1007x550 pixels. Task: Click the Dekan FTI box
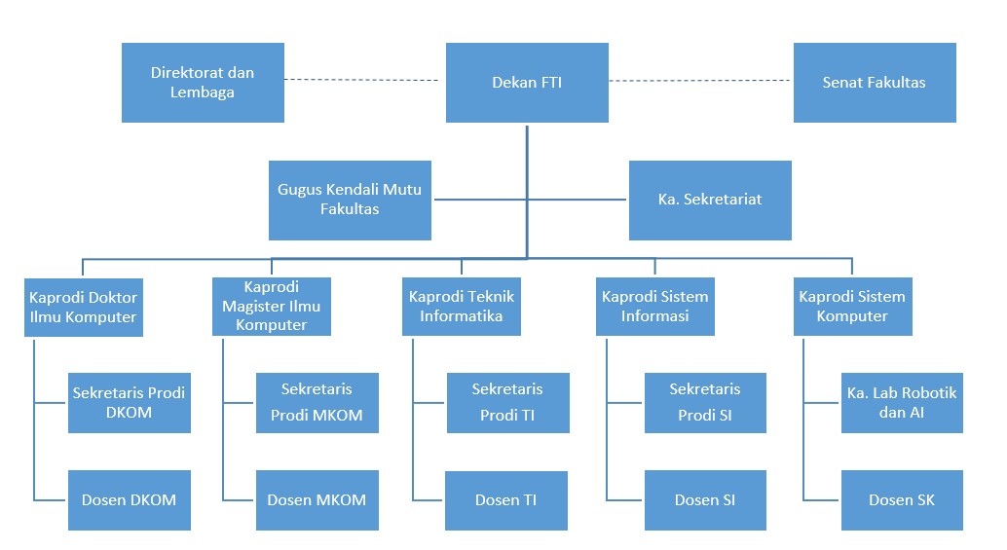(527, 83)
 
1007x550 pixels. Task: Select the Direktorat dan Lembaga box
(203, 83)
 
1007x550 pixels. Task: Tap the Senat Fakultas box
(875, 83)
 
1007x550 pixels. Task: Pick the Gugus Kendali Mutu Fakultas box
(350, 201)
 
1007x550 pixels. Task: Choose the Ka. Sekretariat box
(710, 201)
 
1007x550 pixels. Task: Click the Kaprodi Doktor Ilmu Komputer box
(84, 308)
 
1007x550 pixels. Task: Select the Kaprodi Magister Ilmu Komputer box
(272, 307)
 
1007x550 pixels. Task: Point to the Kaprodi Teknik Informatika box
(462, 307)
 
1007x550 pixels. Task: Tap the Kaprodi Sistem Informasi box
(655, 307)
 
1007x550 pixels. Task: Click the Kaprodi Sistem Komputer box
(853, 307)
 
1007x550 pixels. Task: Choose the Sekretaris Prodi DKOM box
(130, 403)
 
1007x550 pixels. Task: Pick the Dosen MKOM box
(317, 500)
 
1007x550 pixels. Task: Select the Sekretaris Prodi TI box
(508, 403)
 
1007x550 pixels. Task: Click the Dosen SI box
(706, 500)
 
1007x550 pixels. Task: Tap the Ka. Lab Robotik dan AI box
(903, 403)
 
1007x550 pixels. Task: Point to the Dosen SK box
(903, 500)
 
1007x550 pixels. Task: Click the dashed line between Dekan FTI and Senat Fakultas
(700, 81)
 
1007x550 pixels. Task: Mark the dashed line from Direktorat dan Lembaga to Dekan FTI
(361, 80)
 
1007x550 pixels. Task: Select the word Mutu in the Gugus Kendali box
(402, 189)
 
